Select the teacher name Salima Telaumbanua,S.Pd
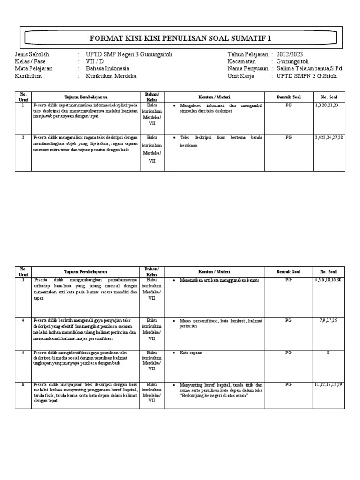(309, 68)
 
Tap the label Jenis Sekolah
(32, 54)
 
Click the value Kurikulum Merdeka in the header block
(111, 75)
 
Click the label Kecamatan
(242, 61)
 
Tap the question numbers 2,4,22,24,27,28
(329, 138)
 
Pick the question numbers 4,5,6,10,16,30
(328, 280)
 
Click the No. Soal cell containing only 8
(328, 352)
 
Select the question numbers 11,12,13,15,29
(328, 384)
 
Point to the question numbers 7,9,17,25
(328, 320)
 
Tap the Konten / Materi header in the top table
(214, 97)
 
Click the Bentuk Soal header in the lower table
(288, 271)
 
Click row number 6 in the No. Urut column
(23, 384)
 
